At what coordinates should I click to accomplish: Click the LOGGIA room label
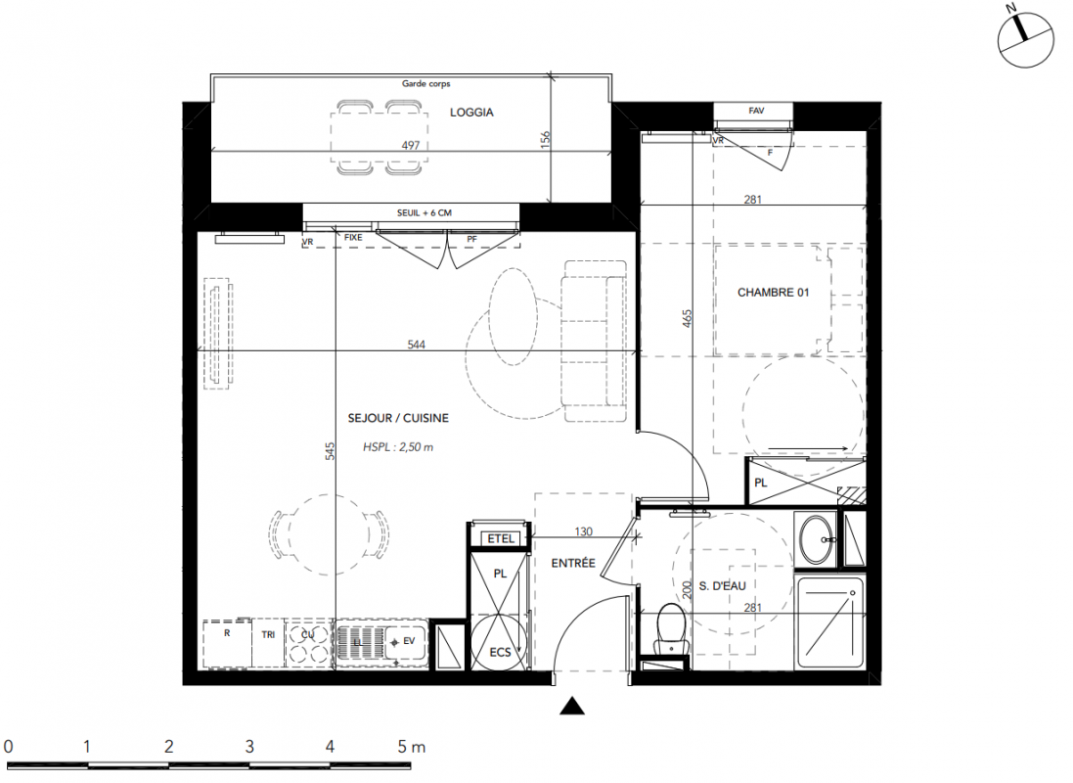pyautogui.click(x=471, y=113)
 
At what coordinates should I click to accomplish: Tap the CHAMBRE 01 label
pyautogui.click(x=773, y=293)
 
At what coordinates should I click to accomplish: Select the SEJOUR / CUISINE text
pyautogui.click(x=398, y=418)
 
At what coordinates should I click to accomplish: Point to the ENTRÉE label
pyautogui.click(x=573, y=563)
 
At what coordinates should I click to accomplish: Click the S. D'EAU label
pyautogui.click(x=723, y=586)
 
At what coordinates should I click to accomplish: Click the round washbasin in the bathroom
pyautogui.click(x=817, y=539)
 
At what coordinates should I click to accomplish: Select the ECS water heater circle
pyautogui.click(x=500, y=644)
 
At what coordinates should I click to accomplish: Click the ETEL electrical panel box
pyautogui.click(x=500, y=539)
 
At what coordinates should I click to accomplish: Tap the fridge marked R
pyautogui.click(x=227, y=644)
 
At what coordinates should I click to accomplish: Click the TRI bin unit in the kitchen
pyautogui.click(x=268, y=644)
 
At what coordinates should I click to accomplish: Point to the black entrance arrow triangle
pyautogui.click(x=572, y=707)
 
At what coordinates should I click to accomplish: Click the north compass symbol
pyautogui.click(x=1025, y=39)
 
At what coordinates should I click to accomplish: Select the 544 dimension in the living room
pyautogui.click(x=416, y=345)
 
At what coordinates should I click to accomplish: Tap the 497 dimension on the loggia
pyautogui.click(x=411, y=145)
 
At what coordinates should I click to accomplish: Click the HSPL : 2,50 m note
pyautogui.click(x=398, y=447)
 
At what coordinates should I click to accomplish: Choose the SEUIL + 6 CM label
pyautogui.click(x=425, y=213)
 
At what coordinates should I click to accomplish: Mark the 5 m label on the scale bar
pyautogui.click(x=411, y=747)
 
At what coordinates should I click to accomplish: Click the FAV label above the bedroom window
pyautogui.click(x=756, y=111)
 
